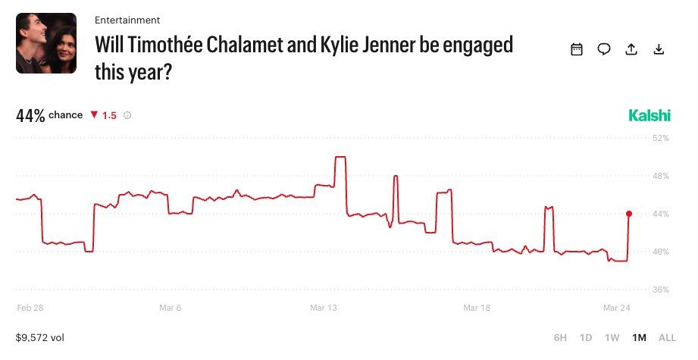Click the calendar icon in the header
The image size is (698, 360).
577,49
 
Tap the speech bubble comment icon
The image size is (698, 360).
604,49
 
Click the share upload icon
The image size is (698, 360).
631,49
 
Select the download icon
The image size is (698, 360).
659,49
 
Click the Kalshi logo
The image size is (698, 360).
649,115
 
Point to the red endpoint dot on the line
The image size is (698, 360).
629,214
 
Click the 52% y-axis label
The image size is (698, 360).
661,138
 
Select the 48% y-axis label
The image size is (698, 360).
661,176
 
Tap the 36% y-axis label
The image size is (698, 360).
661,290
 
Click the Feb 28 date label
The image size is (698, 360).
30,308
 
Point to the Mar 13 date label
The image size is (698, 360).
323,308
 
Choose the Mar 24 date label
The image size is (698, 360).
616,308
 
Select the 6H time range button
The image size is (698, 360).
560,337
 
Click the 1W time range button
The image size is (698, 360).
612,337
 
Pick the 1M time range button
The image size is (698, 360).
639,337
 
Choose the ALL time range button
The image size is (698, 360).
667,337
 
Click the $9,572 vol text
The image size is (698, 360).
42,337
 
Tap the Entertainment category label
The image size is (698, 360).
127,20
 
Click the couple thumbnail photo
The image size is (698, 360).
46,43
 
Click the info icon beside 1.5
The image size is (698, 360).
127,115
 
